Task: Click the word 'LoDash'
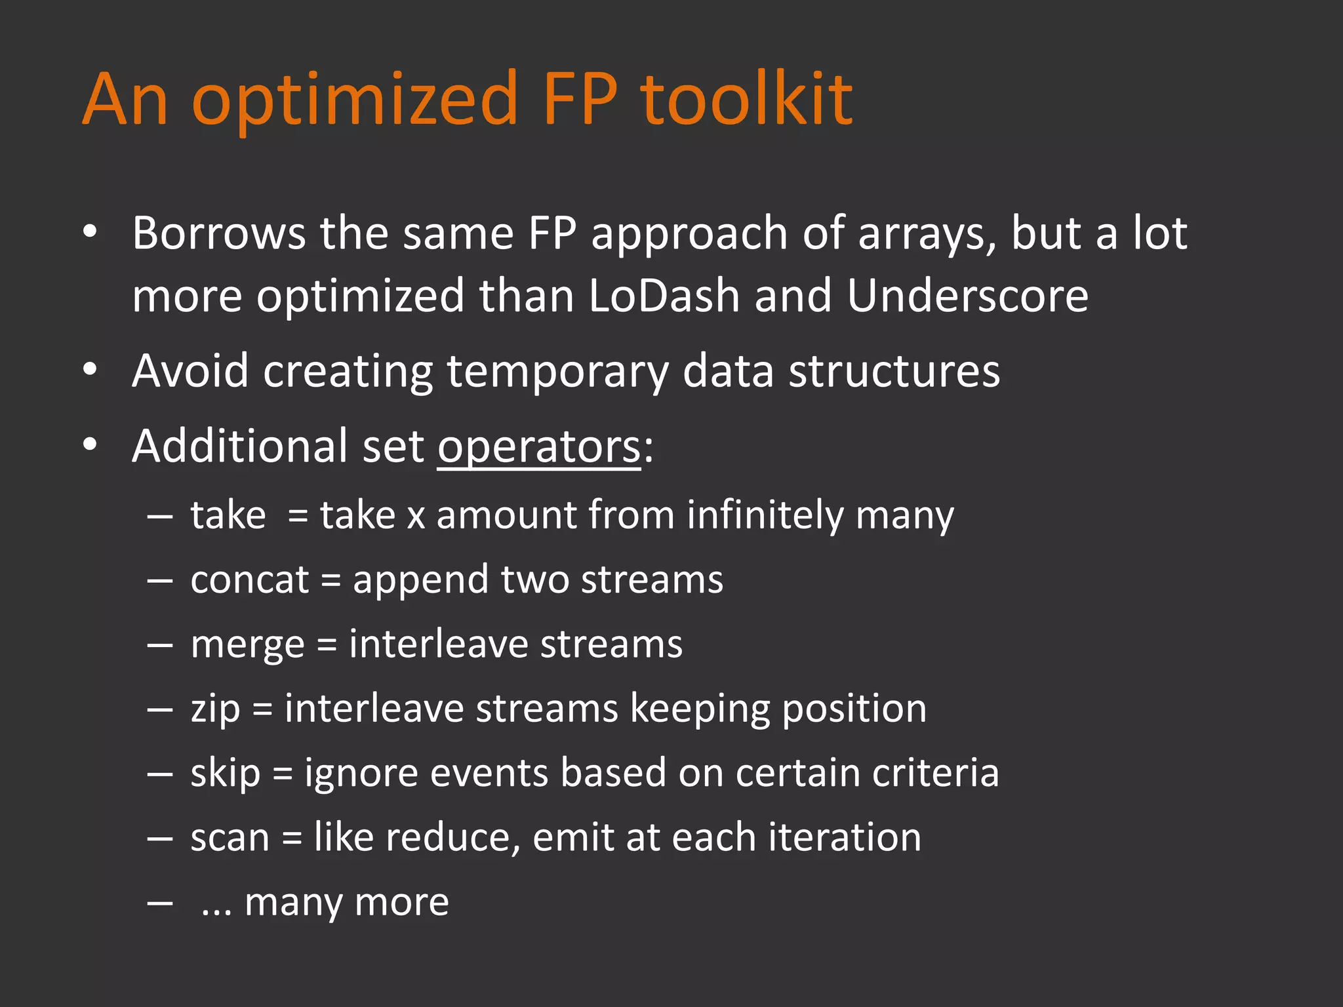coord(664,296)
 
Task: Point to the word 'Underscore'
coord(967,296)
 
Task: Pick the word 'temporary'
coord(557,372)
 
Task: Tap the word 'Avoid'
coord(190,371)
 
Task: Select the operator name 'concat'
coord(249,580)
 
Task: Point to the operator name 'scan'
coord(230,839)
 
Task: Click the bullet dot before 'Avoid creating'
coord(90,370)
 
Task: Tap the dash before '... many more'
coord(160,903)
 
